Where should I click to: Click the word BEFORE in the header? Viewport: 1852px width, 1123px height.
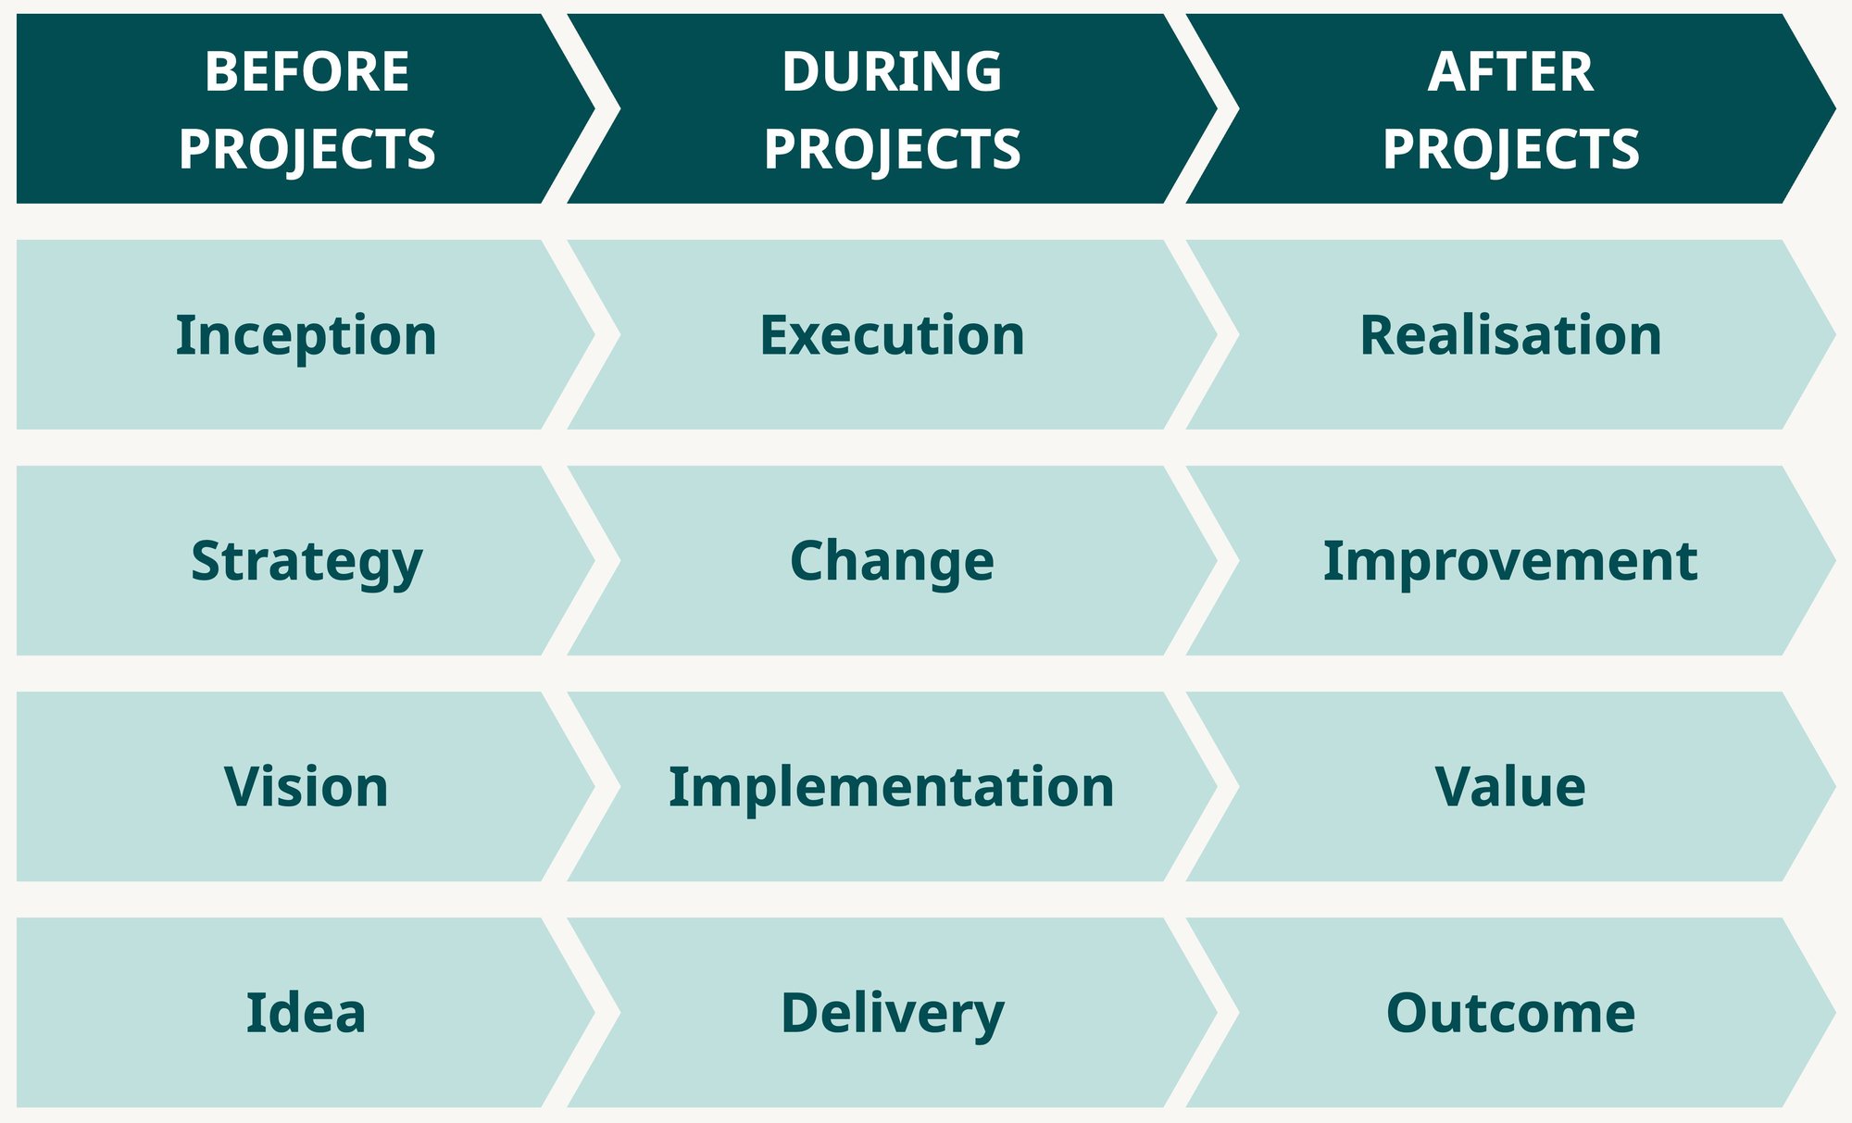coord(307,71)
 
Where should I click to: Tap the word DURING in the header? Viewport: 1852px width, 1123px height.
coord(892,71)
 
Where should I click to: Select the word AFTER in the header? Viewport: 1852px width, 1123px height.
coord(1510,71)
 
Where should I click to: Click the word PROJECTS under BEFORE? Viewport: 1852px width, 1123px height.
coord(307,149)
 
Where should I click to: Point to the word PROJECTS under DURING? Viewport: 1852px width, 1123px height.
coord(892,149)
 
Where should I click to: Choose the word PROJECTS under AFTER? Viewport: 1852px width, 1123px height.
coord(1510,149)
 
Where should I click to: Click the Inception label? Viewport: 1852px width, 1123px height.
coord(306,335)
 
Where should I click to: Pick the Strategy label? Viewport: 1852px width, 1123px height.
coord(307,563)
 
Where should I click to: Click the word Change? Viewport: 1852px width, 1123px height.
coord(892,562)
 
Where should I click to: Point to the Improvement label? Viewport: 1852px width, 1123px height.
coord(1510,561)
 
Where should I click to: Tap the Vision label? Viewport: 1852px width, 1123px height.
coord(306,787)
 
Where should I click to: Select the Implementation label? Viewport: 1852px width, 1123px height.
coord(892,788)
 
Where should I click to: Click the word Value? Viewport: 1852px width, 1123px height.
coord(1510,787)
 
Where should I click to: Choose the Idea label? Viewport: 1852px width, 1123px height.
coord(306,1013)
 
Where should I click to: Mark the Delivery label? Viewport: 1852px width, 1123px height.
coord(892,1015)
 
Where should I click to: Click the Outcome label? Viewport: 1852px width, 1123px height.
coord(1510,1013)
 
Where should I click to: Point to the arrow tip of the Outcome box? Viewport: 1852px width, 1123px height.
coord(1834,1013)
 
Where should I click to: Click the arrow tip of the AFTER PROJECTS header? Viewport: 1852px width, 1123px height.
coord(1834,108)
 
